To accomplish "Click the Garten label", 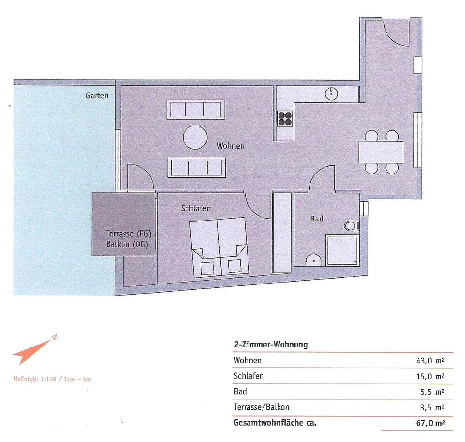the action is pos(97,95).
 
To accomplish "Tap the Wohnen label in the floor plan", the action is pos(231,146).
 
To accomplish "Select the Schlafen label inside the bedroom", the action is pos(196,208).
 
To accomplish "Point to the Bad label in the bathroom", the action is pos(317,219).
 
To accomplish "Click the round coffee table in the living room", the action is pos(195,138).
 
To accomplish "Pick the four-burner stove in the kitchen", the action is pos(285,119).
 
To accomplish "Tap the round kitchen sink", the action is pos(331,94).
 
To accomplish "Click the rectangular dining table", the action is pos(381,152).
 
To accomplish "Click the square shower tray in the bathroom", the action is pos(342,250).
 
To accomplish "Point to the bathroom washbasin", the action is pos(313,260).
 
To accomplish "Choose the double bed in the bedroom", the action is pos(219,248).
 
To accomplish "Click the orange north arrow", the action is pos(35,350).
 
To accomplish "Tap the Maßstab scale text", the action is pos(52,379).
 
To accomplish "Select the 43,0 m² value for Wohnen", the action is pos(430,361).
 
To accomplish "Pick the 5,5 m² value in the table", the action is pos(432,392).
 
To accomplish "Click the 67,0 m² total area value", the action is pos(430,423).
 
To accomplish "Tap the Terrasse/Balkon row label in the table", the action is pos(262,407).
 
